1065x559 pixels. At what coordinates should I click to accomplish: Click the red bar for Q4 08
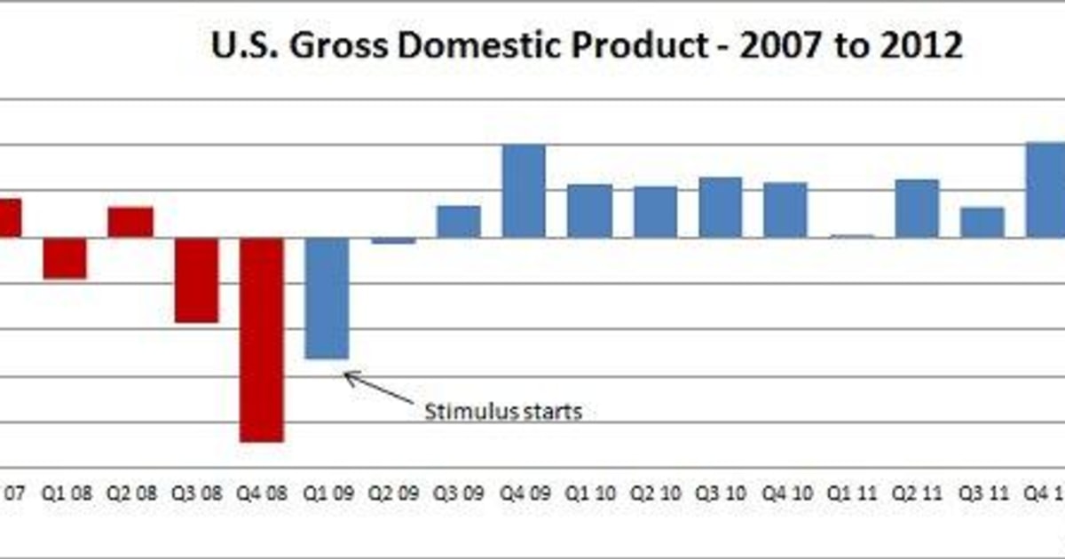tap(262, 339)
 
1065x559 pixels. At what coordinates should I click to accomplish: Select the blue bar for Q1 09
tap(327, 298)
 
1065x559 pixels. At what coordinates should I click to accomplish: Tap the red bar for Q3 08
tap(196, 279)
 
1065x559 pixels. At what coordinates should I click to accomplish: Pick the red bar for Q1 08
tap(66, 258)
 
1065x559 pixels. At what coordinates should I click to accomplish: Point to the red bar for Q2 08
tap(130, 222)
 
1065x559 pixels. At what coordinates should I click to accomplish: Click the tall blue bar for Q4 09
tap(524, 191)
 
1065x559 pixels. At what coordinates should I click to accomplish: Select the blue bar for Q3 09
tap(458, 222)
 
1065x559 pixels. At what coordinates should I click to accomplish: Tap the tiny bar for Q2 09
tap(393, 240)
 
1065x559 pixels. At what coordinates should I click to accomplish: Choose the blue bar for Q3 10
tap(720, 208)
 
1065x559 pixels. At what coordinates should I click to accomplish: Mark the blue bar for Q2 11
tap(917, 209)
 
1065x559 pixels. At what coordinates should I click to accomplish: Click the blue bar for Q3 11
tap(982, 222)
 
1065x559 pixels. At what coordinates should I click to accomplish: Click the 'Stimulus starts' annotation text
tap(503, 412)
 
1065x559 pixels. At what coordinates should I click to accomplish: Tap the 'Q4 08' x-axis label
tap(262, 492)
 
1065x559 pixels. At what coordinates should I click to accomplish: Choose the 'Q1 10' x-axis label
tap(589, 492)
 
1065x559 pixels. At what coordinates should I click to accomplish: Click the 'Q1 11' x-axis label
tap(851, 492)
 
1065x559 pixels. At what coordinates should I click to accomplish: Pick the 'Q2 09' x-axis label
tap(393, 492)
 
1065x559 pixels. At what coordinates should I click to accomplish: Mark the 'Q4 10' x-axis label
tap(785, 492)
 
